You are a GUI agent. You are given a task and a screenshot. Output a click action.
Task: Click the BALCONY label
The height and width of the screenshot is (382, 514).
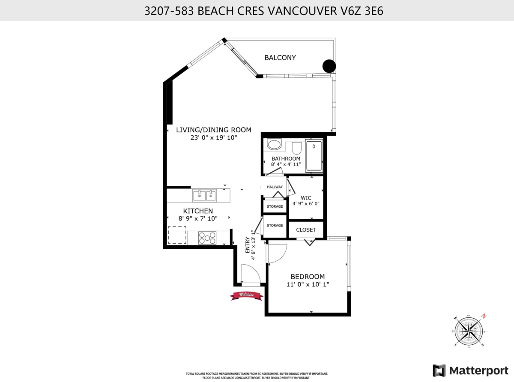(x=280, y=57)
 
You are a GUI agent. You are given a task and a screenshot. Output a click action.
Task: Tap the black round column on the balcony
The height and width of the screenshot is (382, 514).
(x=329, y=66)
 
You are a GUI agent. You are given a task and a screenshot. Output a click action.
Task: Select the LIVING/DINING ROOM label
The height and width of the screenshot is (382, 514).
(x=214, y=130)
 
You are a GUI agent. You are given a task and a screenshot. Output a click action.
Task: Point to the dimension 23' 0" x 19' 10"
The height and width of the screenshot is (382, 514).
(x=214, y=137)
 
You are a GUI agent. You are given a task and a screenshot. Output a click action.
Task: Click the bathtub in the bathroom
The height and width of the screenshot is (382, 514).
(x=314, y=156)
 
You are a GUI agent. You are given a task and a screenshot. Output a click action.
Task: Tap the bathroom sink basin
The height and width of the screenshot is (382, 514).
(x=274, y=144)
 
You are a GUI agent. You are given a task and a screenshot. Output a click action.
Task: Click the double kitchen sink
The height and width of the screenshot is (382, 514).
(x=205, y=196)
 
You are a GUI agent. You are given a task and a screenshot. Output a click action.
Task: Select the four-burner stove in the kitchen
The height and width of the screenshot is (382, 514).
(x=207, y=238)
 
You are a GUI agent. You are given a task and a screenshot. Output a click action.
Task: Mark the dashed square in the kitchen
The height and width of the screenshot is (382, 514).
(x=176, y=235)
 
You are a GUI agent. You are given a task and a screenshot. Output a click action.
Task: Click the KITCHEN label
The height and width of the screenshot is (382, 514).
(x=198, y=211)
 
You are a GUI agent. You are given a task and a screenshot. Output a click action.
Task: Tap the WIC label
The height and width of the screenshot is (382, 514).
(x=306, y=197)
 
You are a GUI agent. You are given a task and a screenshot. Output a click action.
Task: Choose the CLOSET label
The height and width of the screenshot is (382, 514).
(x=306, y=230)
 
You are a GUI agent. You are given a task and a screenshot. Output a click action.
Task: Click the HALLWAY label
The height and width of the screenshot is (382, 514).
(x=275, y=187)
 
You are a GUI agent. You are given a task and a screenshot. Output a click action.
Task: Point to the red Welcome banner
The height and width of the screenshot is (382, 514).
(x=246, y=295)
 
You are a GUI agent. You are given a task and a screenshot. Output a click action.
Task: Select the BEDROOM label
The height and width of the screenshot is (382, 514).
(x=308, y=277)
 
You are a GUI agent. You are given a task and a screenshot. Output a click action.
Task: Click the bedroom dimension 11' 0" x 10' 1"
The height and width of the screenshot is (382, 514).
(x=308, y=284)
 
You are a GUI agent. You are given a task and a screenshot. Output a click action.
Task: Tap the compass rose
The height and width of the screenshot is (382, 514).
(x=470, y=330)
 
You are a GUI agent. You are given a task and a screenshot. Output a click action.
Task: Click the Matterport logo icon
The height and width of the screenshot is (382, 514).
(x=439, y=370)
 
